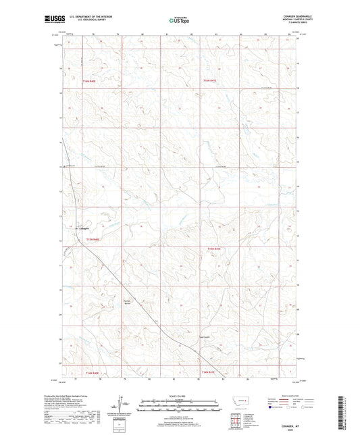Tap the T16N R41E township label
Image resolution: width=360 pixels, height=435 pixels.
pos(213,80)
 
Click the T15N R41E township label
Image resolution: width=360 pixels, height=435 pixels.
pos(213,249)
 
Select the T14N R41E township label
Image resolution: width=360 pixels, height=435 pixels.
pos(213,374)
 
